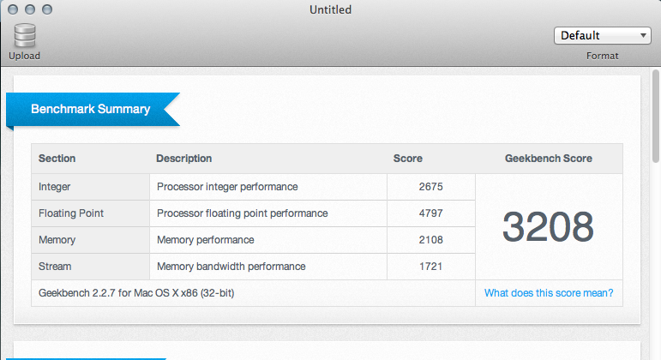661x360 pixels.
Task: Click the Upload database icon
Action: click(x=25, y=35)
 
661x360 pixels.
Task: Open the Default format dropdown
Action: click(x=603, y=35)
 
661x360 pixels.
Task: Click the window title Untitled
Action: click(x=331, y=9)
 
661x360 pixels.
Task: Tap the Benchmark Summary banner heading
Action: click(x=91, y=109)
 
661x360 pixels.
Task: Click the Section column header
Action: click(x=57, y=159)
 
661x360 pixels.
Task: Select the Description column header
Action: click(x=183, y=159)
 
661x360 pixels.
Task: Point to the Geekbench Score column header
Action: click(x=549, y=159)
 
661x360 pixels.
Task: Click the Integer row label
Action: click(x=54, y=187)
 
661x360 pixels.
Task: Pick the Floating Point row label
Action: click(x=71, y=213)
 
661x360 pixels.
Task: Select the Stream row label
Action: click(x=55, y=267)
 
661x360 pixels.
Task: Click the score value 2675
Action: click(x=431, y=187)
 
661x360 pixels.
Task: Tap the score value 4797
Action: click(x=431, y=213)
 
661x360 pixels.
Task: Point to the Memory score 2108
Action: click(x=431, y=240)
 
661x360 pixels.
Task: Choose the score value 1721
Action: click(x=431, y=267)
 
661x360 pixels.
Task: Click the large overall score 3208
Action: click(x=548, y=227)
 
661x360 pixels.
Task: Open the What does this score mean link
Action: click(x=549, y=293)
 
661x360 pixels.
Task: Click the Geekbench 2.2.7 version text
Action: click(x=136, y=293)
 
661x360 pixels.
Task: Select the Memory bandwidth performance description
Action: click(x=231, y=267)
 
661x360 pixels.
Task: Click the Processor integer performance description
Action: click(x=227, y=187)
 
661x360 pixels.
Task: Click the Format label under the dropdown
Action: click(x=603, y=56)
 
